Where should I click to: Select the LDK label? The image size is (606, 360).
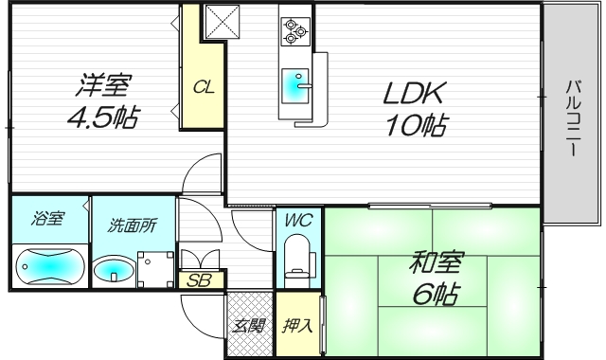pyautogui.click(x=414, y=95)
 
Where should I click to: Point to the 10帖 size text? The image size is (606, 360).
pyautogui.click(x=414, y=125)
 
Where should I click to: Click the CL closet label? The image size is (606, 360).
pyautogui.click(x=204, y=88)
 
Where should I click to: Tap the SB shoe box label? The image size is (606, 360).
pyautogui.click(x=200, y=280)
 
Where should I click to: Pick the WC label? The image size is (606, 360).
pyautogui.click(x=298, y=221)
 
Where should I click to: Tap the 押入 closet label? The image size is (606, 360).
pyautogui.click(x=296, y=327)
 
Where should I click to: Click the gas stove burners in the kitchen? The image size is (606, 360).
pyautogui.click(x=295, y=32)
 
